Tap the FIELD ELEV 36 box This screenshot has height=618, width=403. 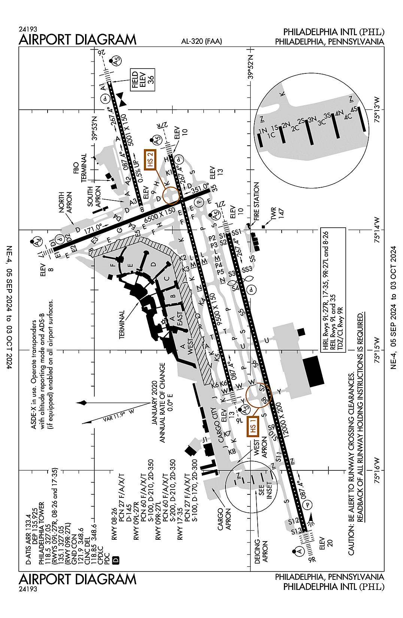142,80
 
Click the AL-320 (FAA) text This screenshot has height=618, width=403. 201,42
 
